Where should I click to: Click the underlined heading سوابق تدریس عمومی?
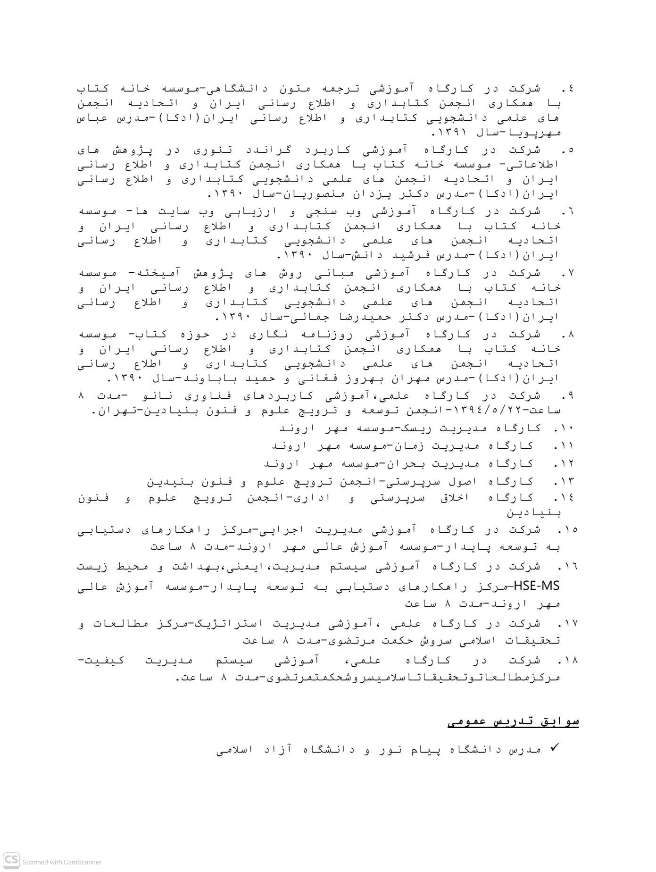pos(513,721)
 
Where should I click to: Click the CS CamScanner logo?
pos(11,860)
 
